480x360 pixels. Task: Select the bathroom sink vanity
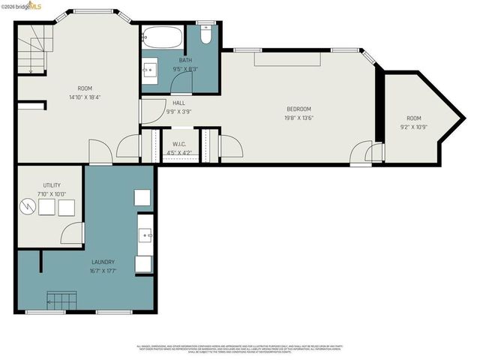(x=151, y=70)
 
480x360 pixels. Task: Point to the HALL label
(x=178, y=103)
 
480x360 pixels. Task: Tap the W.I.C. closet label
(x=179, y=144)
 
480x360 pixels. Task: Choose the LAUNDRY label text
(x=103, y=262)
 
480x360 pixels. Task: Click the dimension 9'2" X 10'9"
(x=414, y=126)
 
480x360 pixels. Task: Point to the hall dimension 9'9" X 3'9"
(x=178, y=112)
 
